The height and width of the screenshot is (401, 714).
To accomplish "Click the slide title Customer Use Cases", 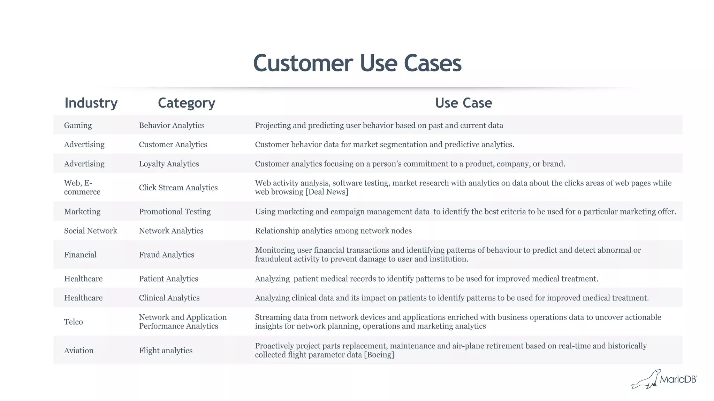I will point(357,63).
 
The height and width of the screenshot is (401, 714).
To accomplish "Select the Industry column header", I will point(91,103).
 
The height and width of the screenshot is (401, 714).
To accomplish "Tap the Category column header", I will point(187,103).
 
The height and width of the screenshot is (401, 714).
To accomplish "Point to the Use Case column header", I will point(463,103).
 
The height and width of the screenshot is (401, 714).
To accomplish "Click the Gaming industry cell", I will point(78,125).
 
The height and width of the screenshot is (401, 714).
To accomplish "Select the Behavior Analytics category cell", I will point(172,125).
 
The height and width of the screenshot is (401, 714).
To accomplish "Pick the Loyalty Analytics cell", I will point(169,164).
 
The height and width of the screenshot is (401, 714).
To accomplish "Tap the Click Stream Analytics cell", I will point(178,188).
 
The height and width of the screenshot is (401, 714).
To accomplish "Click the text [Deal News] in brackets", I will point(327,192).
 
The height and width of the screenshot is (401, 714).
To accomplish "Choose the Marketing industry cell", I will point(82,212).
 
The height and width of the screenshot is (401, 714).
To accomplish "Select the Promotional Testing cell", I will point(175,212).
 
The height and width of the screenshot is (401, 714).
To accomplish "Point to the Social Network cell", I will point(91,231).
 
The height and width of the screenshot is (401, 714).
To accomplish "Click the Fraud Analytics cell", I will point(166,255).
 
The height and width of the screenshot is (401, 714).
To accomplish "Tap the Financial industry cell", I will point(80,255).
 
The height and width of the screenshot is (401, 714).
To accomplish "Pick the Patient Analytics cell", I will point(168,279).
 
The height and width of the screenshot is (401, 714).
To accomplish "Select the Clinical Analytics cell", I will point(169,298).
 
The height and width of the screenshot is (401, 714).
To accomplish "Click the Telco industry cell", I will point(74,322).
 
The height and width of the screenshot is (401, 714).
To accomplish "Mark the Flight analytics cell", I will point(166,351).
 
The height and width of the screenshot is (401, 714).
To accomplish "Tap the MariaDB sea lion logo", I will point(646,379).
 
